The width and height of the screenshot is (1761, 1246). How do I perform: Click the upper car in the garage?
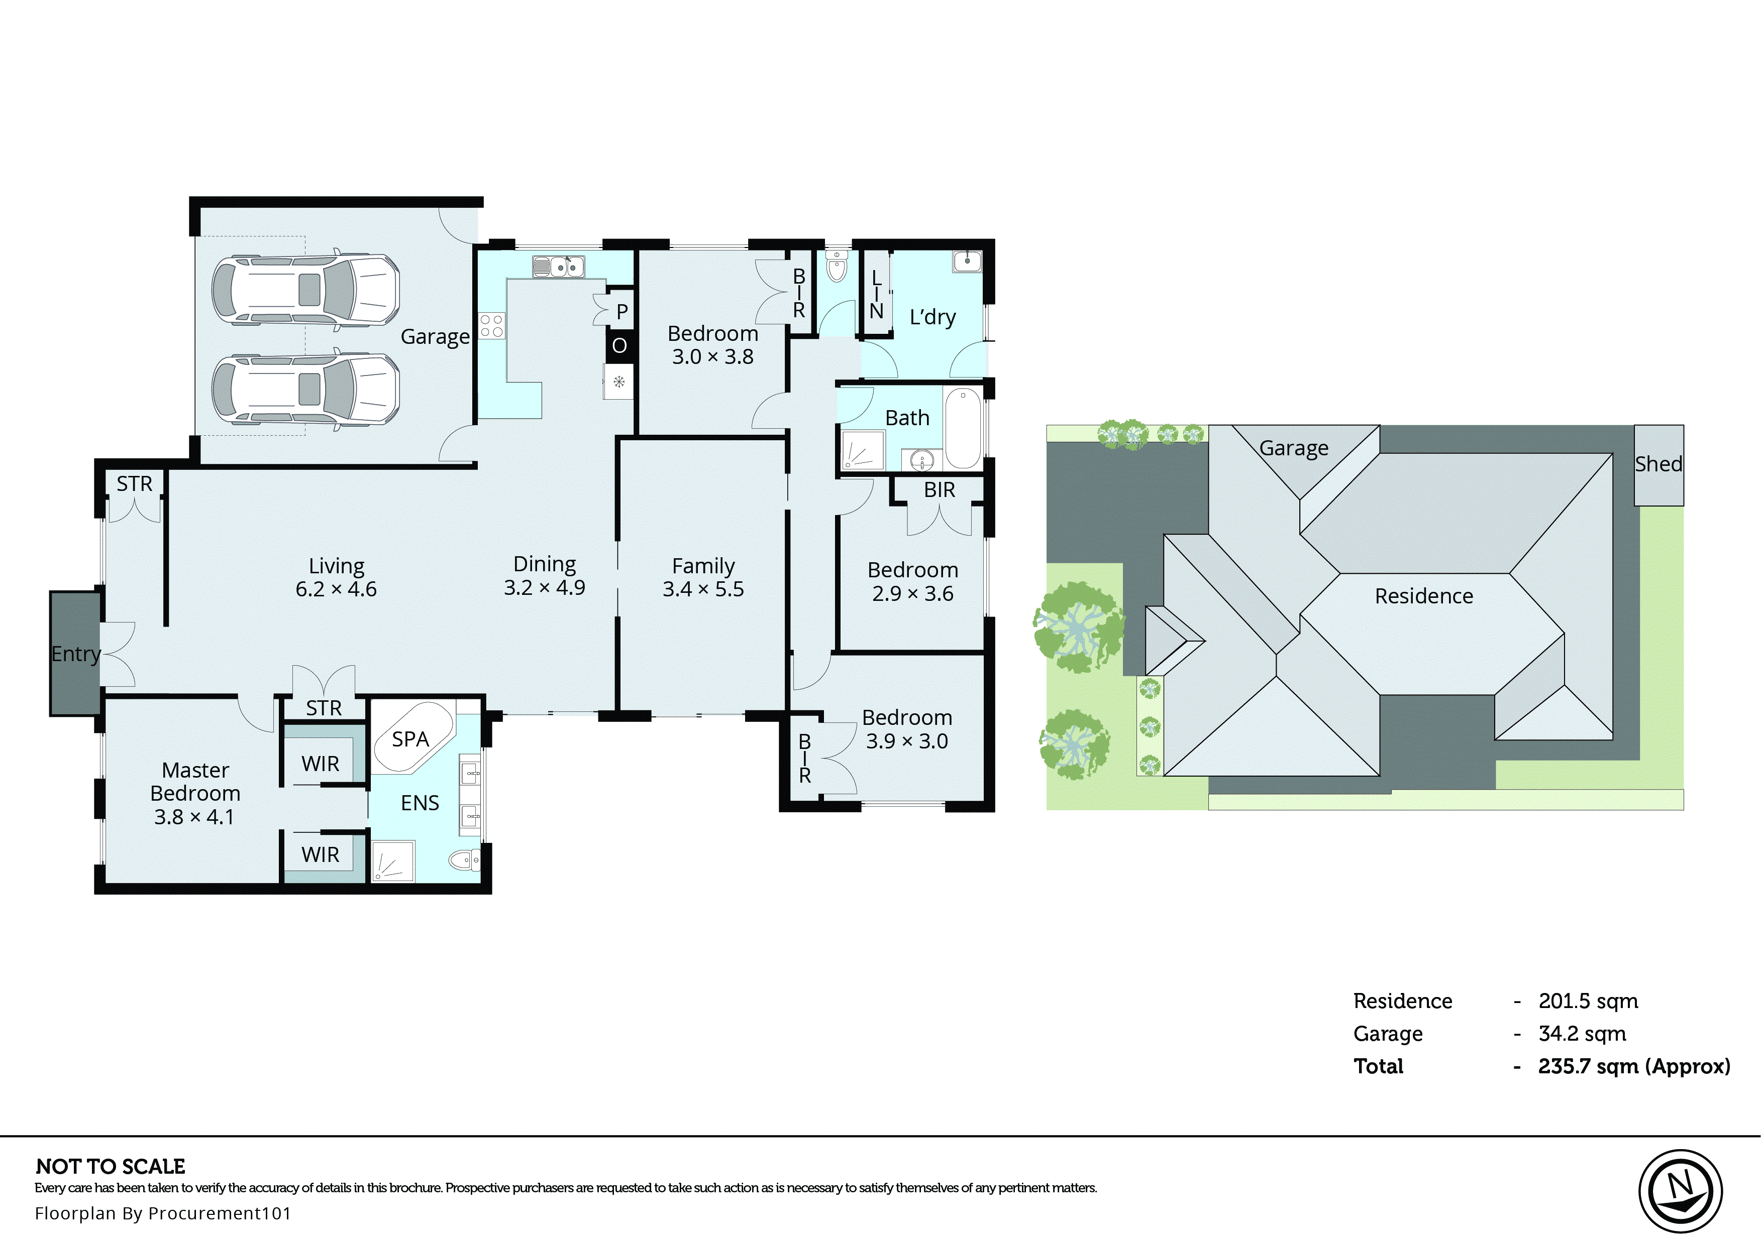click(x=305, y=290)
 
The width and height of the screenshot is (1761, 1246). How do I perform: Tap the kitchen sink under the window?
click(x=559, y=267)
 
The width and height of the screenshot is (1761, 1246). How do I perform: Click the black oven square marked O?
click(x=619, y=346)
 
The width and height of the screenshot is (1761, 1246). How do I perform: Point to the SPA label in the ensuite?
click(x=410, y=739)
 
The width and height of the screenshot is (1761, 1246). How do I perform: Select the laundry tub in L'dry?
click(x=967, y=261)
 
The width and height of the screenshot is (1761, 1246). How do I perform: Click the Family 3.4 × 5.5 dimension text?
click(x=703, y=589)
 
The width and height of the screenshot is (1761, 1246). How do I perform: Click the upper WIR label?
click(x=320, y=764)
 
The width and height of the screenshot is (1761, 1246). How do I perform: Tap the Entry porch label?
click(x=75, y=654)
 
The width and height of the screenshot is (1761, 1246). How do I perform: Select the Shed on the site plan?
click(x=1658, y=465)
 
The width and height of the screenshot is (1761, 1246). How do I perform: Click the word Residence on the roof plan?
click(x=1423, y=596)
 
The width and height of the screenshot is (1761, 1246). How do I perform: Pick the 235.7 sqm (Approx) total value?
click(x=1633, y=1066)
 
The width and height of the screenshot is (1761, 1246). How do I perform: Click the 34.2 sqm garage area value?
click(x=1581, y=1034)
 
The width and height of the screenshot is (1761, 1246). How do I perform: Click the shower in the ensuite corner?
click(x=393, y=861)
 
